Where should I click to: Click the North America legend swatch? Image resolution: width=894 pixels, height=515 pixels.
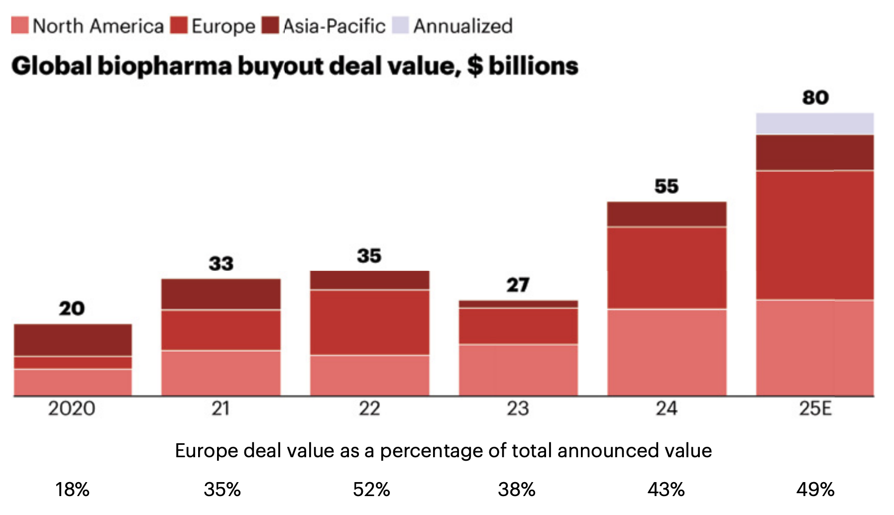[x=20, y=25]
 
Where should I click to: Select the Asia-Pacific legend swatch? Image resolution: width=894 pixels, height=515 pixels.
[x=270, y=25]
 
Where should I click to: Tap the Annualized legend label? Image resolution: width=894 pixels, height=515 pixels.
[x=462, y=26]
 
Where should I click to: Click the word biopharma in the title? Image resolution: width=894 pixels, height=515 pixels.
[x=165, y=66]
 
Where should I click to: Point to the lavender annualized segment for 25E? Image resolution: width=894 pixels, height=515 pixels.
[x=814, y=124]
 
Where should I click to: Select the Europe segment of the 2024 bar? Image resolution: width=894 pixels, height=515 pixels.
[x=667, y=268]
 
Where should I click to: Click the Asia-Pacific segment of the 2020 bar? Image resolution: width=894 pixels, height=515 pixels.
[x=73, y=340]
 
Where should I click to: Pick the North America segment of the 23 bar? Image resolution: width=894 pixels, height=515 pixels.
[x=518, y=370]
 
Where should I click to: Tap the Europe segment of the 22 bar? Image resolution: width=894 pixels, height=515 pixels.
[x=369, y=322]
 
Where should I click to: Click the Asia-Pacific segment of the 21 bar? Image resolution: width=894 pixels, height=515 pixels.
[x=221, y=294]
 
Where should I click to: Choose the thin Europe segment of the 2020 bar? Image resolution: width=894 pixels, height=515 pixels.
[x=73, y=363]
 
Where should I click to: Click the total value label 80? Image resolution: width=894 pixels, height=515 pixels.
[x=815, y=98]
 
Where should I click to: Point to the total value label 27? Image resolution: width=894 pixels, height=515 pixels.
[x=518, y=285]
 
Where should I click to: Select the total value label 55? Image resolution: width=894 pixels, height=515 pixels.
[x=666, y=186]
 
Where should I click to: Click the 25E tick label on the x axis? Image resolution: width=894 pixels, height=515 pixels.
[x=815, y=409]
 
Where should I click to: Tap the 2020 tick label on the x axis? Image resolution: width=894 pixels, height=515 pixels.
[x=72, y=409]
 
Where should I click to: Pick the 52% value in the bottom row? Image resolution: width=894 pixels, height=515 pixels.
[x=371, y=490]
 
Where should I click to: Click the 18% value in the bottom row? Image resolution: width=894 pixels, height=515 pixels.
[x=72, y=490]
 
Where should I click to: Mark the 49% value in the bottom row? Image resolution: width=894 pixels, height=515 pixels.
[x=815, y=490]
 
